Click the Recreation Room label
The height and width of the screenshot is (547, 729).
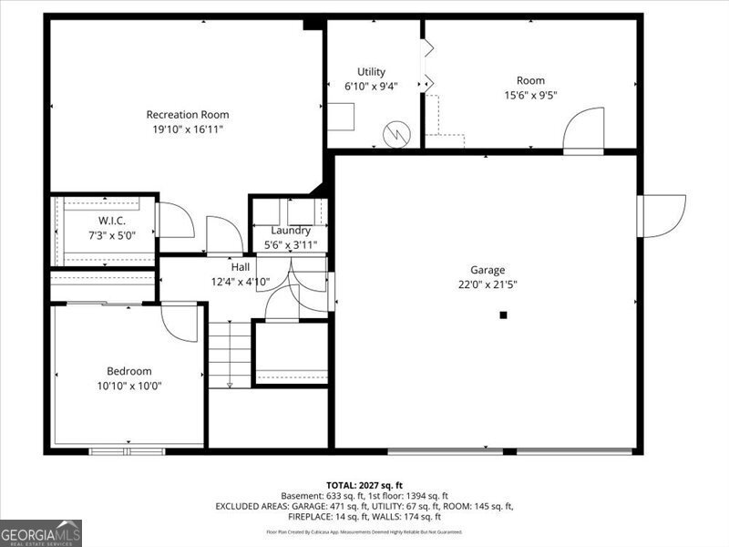pos(188,114)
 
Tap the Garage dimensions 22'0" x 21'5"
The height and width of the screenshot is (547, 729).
pos(488,284)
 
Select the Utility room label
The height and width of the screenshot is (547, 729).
pos(371,72)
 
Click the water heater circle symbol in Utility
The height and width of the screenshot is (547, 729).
pos(396,135)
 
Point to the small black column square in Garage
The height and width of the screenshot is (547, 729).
pos(503,315)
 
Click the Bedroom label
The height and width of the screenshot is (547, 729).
pos(129,371)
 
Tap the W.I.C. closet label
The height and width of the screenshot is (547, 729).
pos(112,222)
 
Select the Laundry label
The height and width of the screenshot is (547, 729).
pos(290,231)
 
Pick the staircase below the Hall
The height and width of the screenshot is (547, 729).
pos(230,356)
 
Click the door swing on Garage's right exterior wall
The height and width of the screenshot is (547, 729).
pos(663,215)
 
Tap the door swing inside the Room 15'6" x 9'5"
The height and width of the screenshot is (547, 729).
pos(584,130)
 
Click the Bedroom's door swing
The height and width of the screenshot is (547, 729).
pos(180,323)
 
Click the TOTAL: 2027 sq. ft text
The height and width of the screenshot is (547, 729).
pos(364,485)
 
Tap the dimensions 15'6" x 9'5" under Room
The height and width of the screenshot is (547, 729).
pos(531,94)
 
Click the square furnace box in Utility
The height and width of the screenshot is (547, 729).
pos(342,117)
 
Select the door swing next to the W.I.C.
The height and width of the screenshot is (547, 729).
pos(175,221)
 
